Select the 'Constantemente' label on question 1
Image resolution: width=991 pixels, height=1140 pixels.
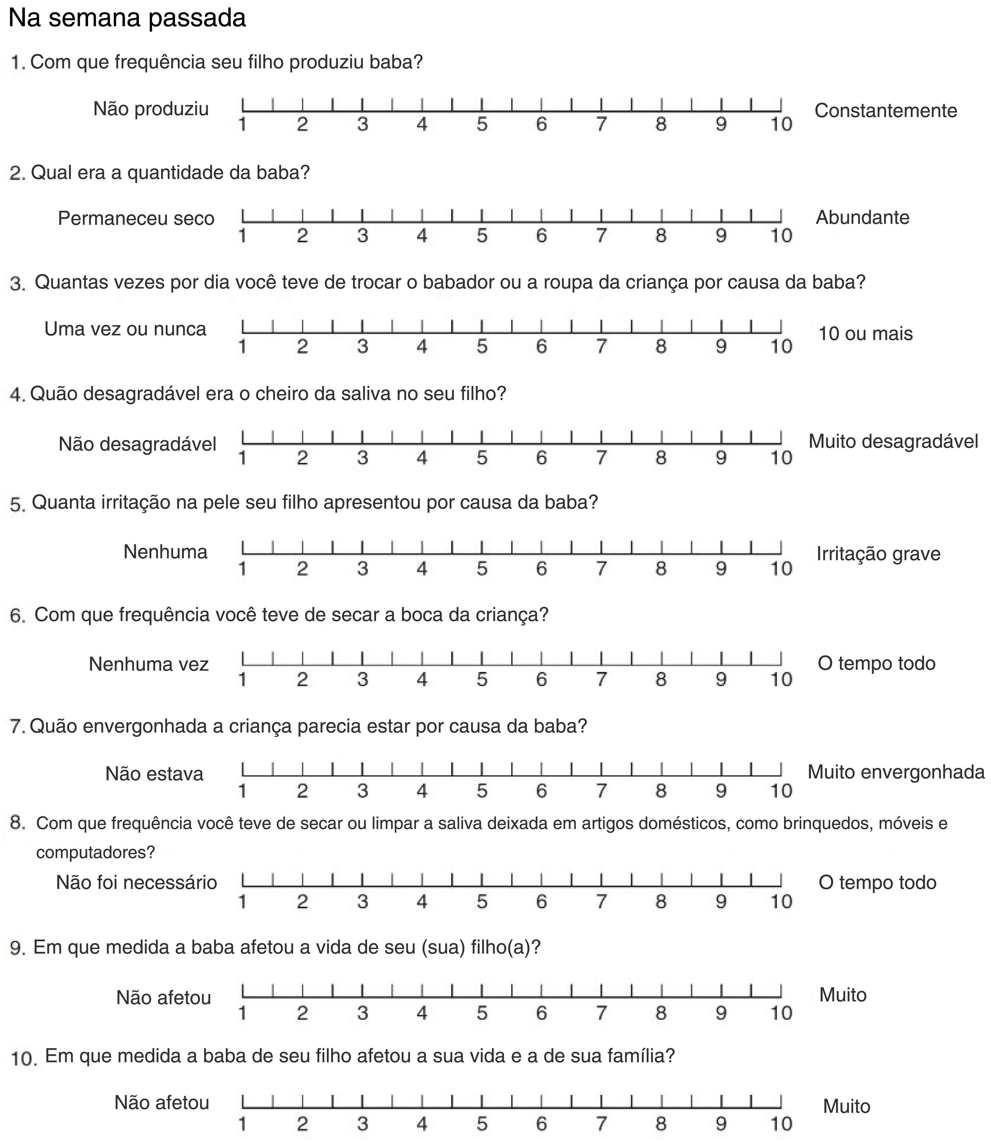886,111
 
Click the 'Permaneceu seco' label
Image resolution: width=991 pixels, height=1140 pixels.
136,219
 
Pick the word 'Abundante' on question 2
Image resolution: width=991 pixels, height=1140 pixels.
862,217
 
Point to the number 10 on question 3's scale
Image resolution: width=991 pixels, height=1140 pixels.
781,347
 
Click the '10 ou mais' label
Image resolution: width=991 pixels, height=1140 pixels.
865,333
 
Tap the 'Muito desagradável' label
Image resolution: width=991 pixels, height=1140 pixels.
893,442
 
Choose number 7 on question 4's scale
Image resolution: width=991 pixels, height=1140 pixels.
601,458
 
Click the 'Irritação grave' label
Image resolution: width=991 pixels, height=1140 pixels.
878,554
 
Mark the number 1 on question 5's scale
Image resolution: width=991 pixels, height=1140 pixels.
242,569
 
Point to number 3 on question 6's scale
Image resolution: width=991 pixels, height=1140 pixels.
362,679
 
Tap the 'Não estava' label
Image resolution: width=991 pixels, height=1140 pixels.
154,774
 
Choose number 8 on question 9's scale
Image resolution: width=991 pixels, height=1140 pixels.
661,1013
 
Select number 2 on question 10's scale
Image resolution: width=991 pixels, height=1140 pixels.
302,1124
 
